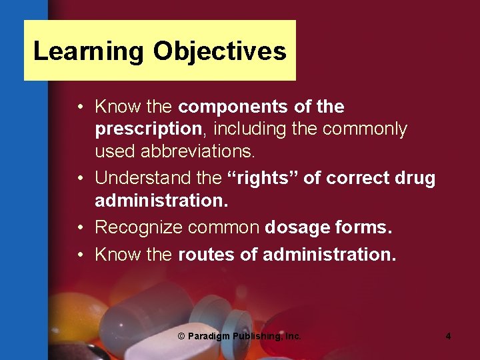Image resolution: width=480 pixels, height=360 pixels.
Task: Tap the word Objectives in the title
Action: click(219, 51)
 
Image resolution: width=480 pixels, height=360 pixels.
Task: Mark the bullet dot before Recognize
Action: click(79, 228)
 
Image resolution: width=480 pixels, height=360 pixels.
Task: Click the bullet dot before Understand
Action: click(79, 179)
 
